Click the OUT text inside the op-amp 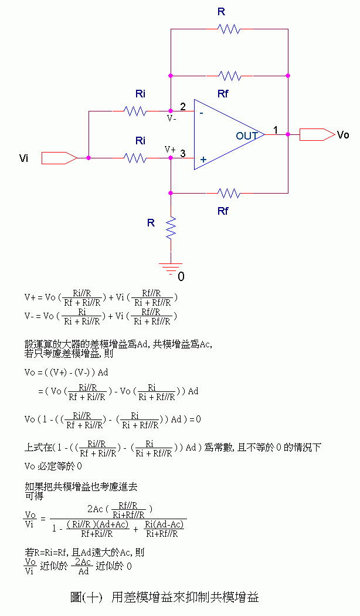(x=247, y=136)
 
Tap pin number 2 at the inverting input (x=183, y=107)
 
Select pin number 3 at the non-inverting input (x=183, y=154)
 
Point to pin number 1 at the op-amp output (x=275, y=128)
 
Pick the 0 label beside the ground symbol (x=181, y=276)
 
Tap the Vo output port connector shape (x=317, y=134)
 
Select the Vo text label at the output (x=343, y=135)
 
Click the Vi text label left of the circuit (x=24, y=158)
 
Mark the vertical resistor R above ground (x=171, y=228)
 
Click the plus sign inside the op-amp (x=203, y=159)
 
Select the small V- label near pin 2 (x=171, y=118)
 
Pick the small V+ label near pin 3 (x=170, y=149)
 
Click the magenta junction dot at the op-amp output (x=288, y=134)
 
